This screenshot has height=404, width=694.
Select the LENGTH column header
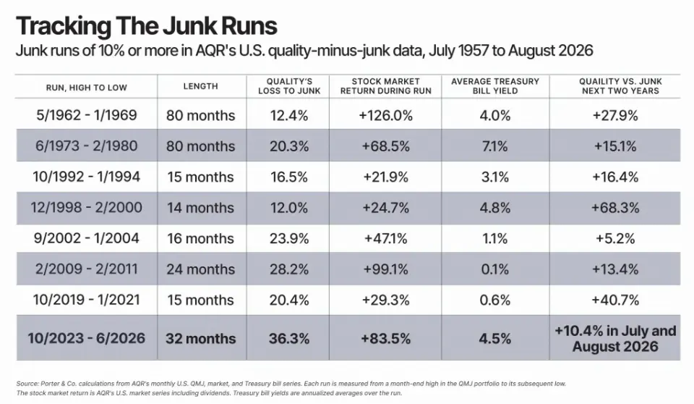[x=200, y=86]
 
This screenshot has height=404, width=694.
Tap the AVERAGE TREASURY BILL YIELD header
[x=494, y=86]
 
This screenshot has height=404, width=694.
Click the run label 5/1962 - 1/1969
[x=86, y=115]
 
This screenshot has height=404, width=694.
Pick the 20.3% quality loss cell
[x=289, y=146]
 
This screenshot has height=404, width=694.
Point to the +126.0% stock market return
[x=385, y=115]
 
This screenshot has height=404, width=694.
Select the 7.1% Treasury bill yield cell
[x=494, y=146]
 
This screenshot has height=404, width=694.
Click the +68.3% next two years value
[x=615, y=208]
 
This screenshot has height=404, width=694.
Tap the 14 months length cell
[x=200, y=208]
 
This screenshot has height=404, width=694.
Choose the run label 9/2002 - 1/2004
[x=86, y=238]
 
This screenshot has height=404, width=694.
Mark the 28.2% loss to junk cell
[x=289, y=269]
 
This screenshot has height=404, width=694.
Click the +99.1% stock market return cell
[x=385, y=269]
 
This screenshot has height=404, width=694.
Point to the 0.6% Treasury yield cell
[x=494, y=300]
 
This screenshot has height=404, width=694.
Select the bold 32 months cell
[x=200, y=338]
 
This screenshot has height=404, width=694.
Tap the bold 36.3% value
[x=289, y=338]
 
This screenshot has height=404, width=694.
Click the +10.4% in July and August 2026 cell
[x=615, y=338]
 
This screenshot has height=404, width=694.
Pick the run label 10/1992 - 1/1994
[x=86, y=177]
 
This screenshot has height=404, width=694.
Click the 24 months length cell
[x=200, y=269]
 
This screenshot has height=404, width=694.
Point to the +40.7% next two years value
[x=615, y=300]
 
